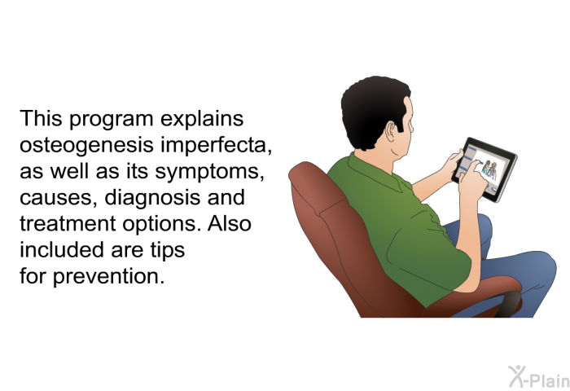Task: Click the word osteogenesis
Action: pos(86,146)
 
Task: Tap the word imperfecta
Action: pos(217,146)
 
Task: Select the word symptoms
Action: pos(210,172)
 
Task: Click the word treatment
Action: pos(68,224)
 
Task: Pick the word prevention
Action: pos(108,277)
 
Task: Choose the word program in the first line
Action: pos(112,120)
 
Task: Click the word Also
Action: pos(230,223)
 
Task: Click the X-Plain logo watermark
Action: pos(539,377)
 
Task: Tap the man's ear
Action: pos(390,132)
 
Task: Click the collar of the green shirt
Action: pos(375,170)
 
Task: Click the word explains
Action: pos(202,120)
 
